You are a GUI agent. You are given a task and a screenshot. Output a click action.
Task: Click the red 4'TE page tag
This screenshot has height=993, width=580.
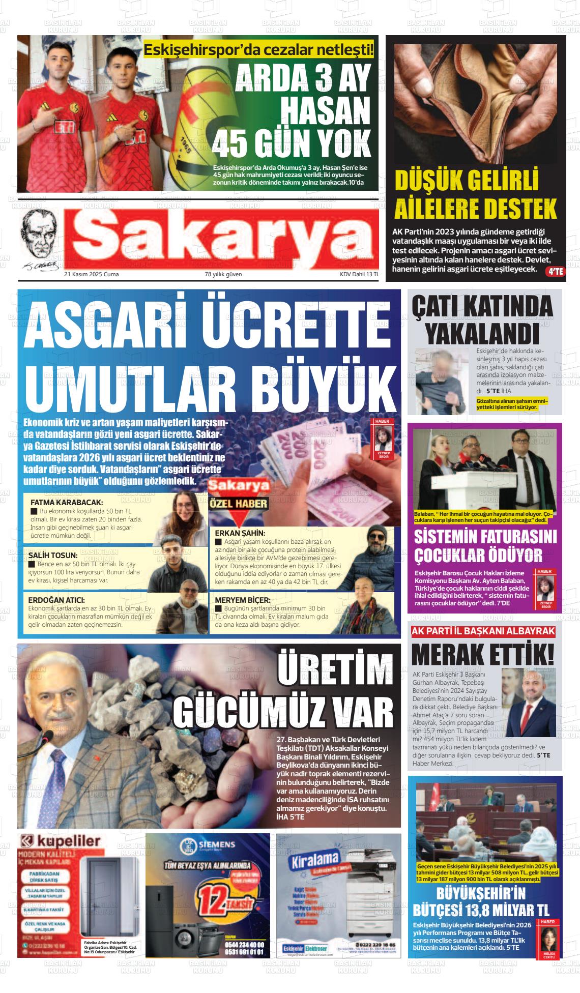[555, 272]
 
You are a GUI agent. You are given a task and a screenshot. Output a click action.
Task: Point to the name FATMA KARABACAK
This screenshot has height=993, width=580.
[67, 502]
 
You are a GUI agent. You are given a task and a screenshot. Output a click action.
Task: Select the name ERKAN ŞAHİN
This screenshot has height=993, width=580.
[240, 533]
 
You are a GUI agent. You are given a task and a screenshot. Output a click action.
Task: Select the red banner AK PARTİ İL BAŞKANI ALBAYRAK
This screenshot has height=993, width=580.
[483, 631]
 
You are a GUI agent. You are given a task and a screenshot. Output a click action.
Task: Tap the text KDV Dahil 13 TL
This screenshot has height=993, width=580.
[359, 275]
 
